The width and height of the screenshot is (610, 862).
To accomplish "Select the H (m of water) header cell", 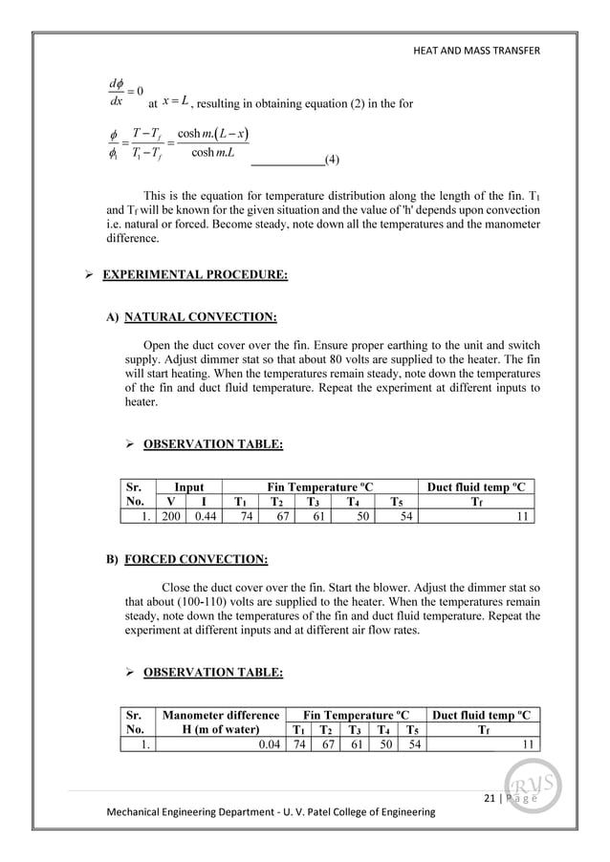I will click(x=222, y=729).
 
